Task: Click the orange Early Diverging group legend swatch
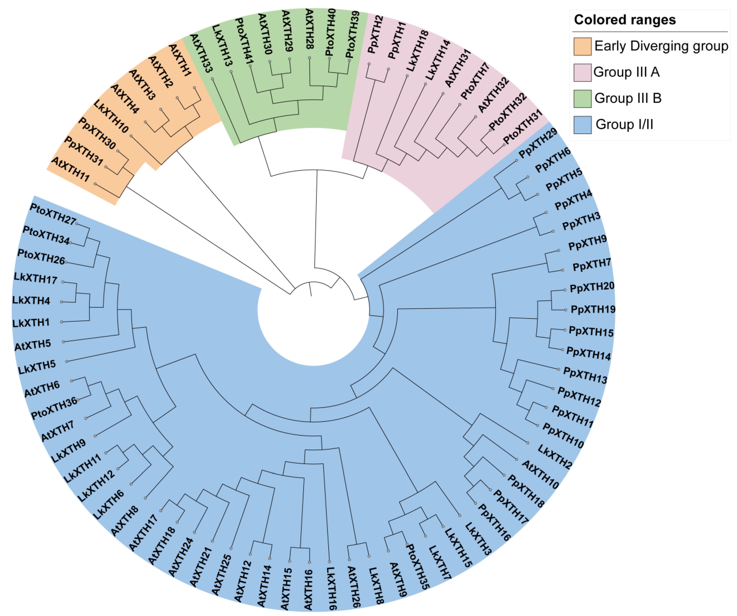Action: pos(582,46)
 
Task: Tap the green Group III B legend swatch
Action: pos(582,98)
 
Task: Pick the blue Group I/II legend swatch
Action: pos(582,125)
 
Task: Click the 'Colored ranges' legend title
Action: pos(625,20)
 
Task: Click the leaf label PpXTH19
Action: pos(593,309)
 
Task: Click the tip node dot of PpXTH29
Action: pos(517,160)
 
